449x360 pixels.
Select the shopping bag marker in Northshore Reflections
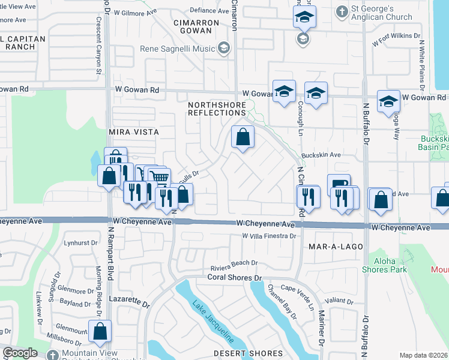click(x=243, y=137)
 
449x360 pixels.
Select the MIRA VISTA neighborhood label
click(x=133, y=131)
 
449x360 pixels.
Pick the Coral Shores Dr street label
click(x=235, y=277)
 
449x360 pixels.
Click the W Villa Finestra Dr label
click(x=270, y=236)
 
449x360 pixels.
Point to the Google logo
click(x=20, y=353)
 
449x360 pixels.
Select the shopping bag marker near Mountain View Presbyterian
click(x=100, y=330)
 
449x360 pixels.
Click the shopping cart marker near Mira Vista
click(x=158, y=177)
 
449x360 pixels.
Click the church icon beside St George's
click(x=342, y=11)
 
